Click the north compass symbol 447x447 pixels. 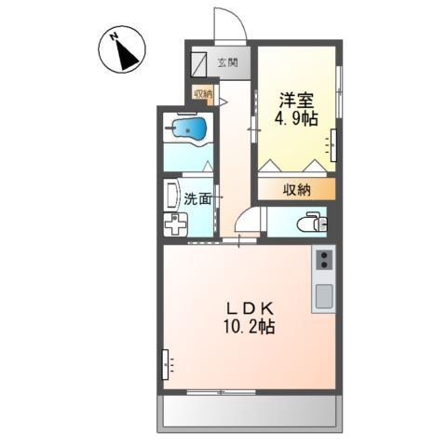point(122,51)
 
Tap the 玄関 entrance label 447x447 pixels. point(228,64)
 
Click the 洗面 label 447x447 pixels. point(196,197)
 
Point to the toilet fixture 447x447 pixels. point(310,222)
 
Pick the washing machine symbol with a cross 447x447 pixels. point(175,224)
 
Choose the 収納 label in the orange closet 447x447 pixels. point(297,189)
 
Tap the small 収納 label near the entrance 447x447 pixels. point(202,93)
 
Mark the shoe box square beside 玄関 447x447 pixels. point(200,63)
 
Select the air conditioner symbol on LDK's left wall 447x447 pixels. point(167,362)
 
